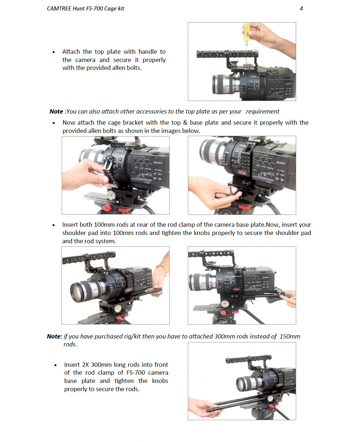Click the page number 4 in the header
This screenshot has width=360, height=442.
[x=301, y=9]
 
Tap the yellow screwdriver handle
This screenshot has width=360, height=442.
[x=247, y=32]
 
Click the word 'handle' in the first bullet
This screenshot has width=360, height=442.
[x=148, y=52]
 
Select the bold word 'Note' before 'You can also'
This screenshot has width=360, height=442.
[x=56, y=111]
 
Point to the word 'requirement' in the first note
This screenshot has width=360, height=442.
[x=262, y=112]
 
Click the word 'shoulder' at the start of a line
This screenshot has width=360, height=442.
[x=74, y=233]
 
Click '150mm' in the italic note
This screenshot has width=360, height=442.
[x=290, y=336]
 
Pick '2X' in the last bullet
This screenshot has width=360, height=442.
[x=85, y=365]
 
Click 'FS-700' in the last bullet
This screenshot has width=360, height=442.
[x=136, y=373]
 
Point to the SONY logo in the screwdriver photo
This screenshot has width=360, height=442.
[x=289, y=84]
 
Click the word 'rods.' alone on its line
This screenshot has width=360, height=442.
[x=70, y=344]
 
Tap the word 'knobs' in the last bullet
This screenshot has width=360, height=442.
[x=160, y=381]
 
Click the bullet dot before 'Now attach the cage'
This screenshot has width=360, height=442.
[x=54, y=123]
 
